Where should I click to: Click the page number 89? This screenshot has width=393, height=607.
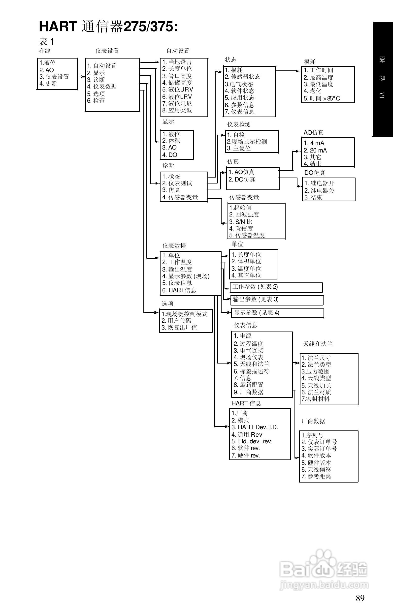[x=360, y=598]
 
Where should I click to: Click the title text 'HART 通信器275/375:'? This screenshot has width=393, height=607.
[x=108, y=27]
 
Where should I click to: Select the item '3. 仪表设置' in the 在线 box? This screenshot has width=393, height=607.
[x=54, y=77]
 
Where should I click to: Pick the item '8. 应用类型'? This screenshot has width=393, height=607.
[x=177, y=110]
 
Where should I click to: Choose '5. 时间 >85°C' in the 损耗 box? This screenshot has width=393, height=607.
[x=322, y=98]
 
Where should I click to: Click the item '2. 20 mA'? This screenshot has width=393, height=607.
[x=315, y=151]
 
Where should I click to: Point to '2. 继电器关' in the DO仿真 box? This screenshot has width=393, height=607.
[x=319, y=190]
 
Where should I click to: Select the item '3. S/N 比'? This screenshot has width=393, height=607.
[x=241, y=222]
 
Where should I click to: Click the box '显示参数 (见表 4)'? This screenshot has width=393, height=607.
[x=277, y=313]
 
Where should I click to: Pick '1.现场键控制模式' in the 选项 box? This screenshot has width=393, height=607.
[x=185, y=314]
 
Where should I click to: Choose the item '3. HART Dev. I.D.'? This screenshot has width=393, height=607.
[x=255, y=427]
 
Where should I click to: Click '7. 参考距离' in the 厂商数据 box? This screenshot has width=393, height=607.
[x=316, y=476]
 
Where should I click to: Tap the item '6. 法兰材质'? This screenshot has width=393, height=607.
[x=316, y=392]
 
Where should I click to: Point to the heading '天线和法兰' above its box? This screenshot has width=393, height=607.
[x=318, y=344]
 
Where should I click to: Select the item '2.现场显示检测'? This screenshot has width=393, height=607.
[x=247, y=142]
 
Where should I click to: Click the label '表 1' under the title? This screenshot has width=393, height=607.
[x=46, y=41]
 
